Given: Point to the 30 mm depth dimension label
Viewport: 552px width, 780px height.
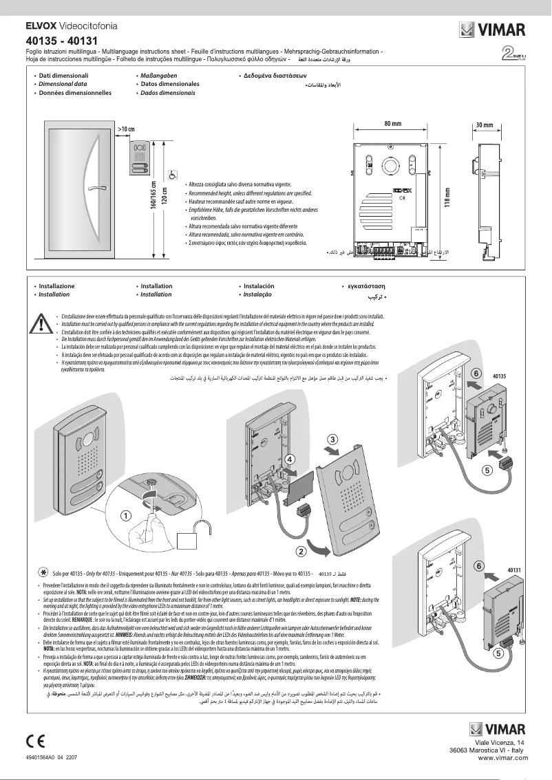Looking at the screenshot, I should coord(485,124).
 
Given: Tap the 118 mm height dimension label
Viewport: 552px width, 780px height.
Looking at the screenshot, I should coord(447,199).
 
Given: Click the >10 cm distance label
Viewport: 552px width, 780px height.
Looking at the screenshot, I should coord(126,129).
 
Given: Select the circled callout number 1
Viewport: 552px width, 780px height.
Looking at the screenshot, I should coord(126,514).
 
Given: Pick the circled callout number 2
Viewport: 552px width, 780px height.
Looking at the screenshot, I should coord(301,550).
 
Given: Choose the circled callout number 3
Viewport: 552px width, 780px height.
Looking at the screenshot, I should coord(332,439).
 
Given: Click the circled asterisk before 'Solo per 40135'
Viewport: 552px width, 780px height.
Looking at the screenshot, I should coord(43,572).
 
